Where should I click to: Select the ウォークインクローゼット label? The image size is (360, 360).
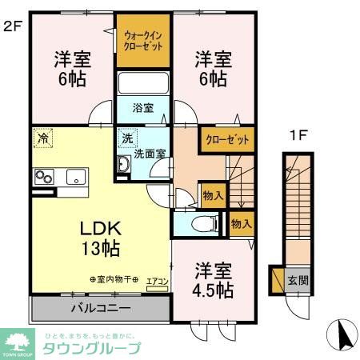(144, 41)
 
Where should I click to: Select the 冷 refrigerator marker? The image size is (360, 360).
(42, 138)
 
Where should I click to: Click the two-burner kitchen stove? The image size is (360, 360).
(43, 178)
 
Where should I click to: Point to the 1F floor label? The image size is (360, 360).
(298, 135)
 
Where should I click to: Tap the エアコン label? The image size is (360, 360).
(157, 280)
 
